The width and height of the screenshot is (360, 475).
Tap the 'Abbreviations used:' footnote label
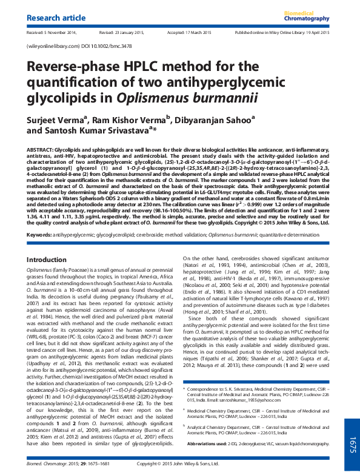[x=208, y=443]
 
